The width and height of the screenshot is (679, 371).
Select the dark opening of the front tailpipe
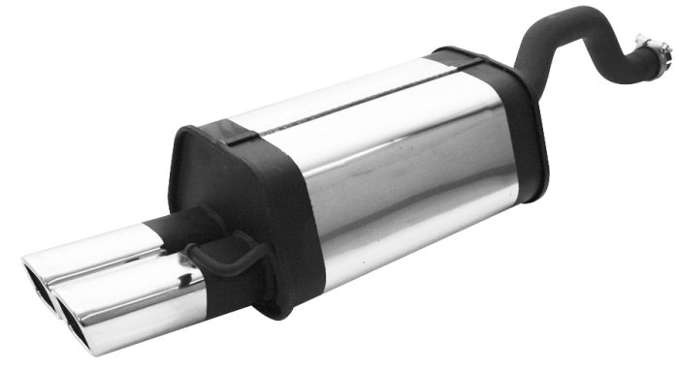[x=78, y=312]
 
